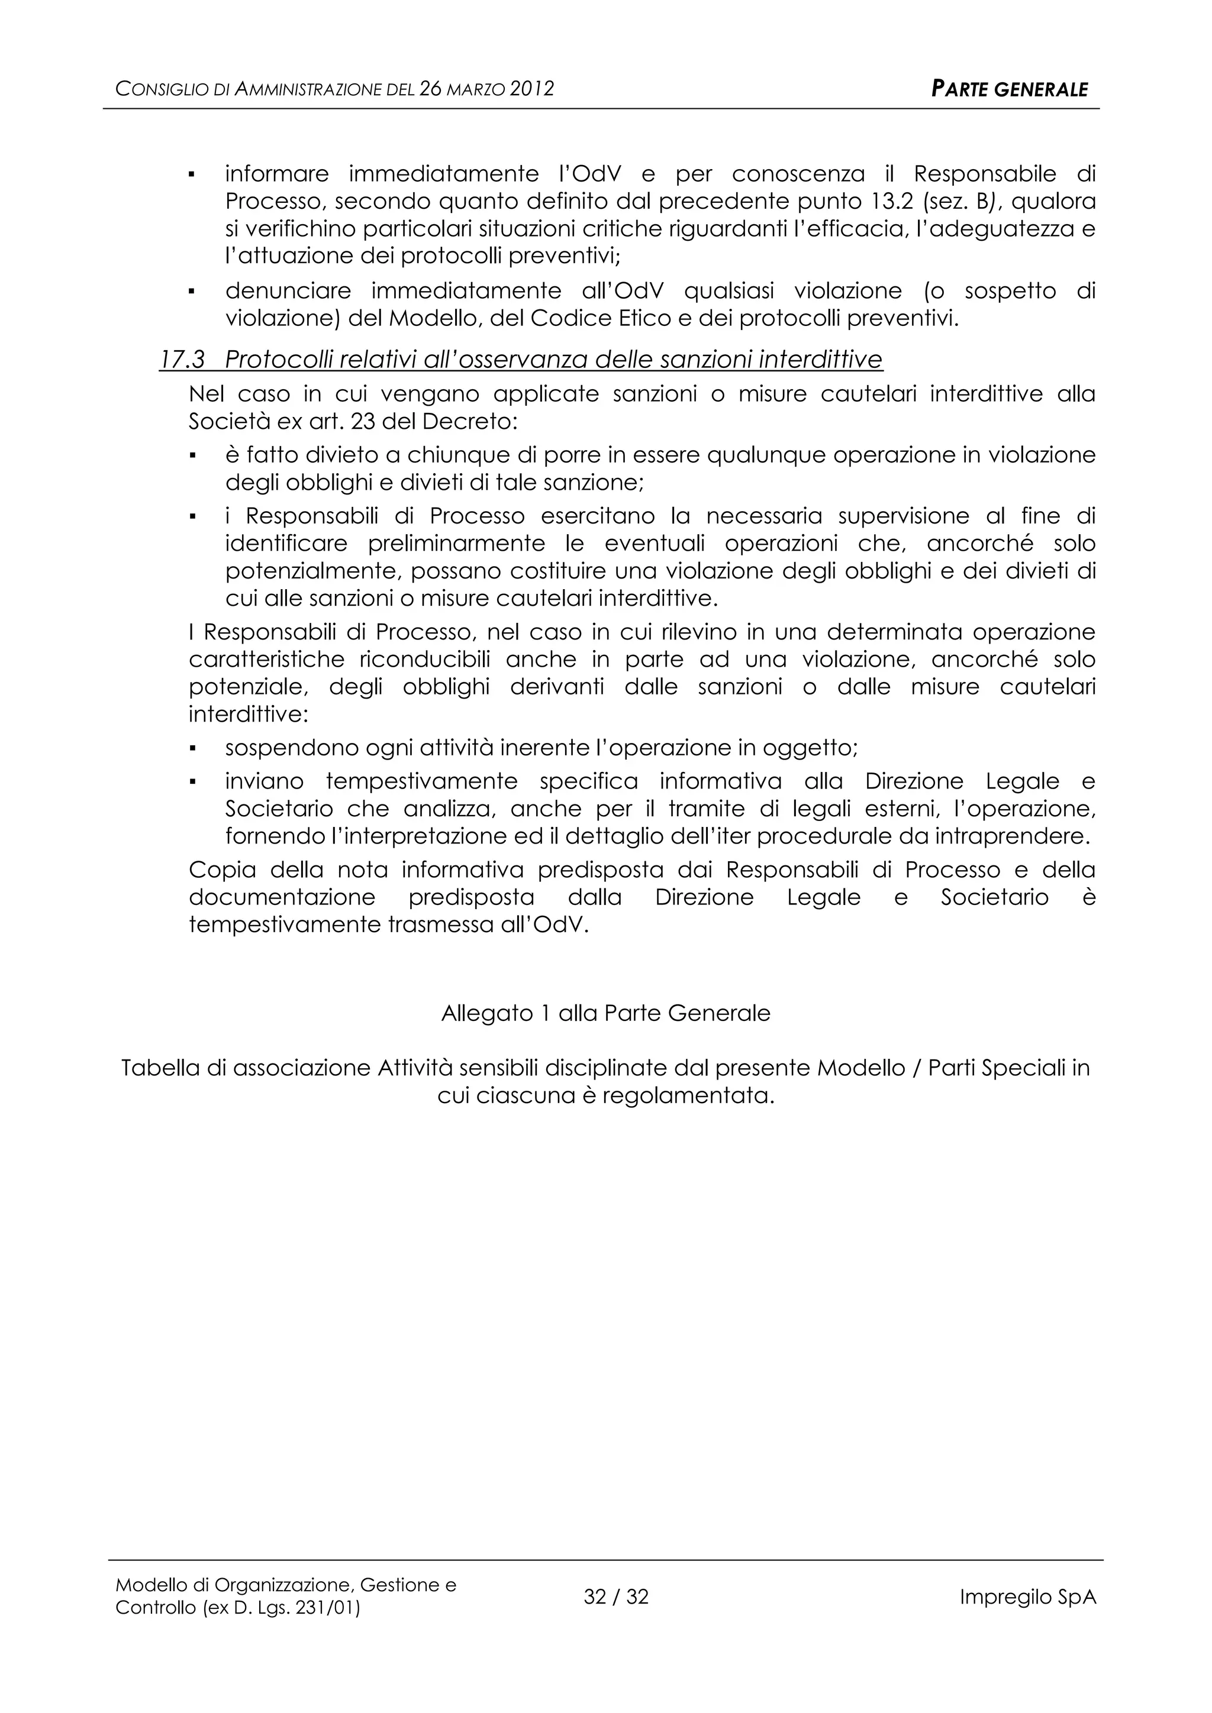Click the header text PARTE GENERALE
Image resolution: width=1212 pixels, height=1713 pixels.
pos(1010,89)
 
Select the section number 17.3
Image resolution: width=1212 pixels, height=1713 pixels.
pos(182,360)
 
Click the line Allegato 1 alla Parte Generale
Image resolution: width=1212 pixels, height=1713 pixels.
pos(605,1013)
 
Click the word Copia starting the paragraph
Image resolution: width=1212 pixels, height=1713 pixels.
pos(223,870)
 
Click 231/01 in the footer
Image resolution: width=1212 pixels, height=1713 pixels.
pos(328,1608)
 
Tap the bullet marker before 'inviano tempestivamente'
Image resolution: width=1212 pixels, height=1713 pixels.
pos(192,783)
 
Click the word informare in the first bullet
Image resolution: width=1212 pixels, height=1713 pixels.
pos(277,174)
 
